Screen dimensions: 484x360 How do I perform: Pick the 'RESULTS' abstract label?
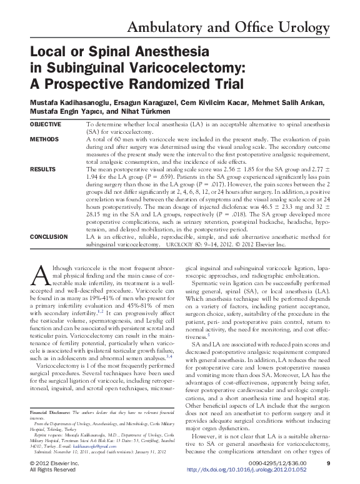point(43,169)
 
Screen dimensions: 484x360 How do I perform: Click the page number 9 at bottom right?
point(328,463)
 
